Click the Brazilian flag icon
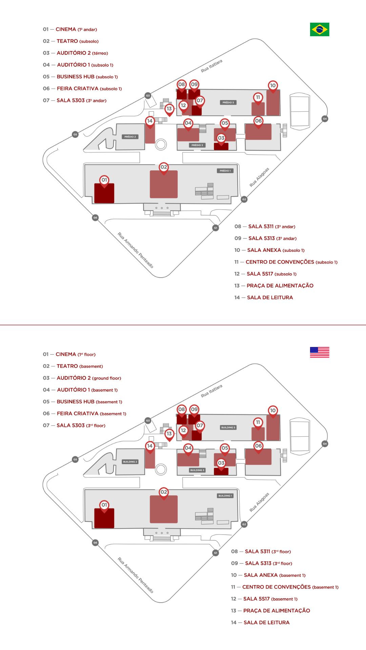[x=319, y=29]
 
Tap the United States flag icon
[x=319, y=352]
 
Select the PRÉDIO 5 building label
[x=228, y=102]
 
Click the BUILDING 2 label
[x=130, y=462]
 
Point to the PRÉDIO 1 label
[x=225, y=171]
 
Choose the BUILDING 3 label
[x=197, y=470]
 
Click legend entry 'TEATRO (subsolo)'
[x=77, y=41]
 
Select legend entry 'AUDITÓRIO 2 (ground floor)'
[x=88, y=378]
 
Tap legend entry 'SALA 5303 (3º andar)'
[x=81, y=101]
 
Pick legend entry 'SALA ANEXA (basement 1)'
[x=274, y=575]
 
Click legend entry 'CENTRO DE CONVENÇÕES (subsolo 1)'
[x=291, y=262]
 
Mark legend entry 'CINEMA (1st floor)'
[x=75, y=354]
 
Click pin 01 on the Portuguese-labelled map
[x=104, y=180]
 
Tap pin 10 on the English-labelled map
[x=273, y=411]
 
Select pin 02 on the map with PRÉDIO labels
[x=164, y=167]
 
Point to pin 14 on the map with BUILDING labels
[x=150, y=446]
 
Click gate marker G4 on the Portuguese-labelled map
[x=325, y=119]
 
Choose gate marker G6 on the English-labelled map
[x=95, y=543]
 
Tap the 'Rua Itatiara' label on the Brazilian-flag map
[x=211, y=66]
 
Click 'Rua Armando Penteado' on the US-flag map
[x=136, y=575]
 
